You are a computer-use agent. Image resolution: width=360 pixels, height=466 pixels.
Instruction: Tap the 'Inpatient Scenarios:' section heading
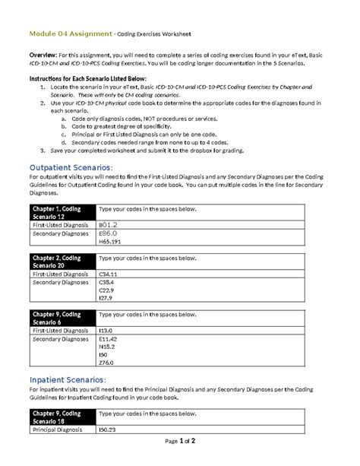pyautogui.click(x=67, y=379)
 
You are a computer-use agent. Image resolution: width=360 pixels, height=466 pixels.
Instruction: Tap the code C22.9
pyautogui.click(x=108, y=292)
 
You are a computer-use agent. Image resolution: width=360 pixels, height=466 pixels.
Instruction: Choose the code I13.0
pyautogui.click(x=107, y=331)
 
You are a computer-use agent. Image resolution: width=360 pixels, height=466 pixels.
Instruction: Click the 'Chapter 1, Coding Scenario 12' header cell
pyautogui.click(x=61, y=212)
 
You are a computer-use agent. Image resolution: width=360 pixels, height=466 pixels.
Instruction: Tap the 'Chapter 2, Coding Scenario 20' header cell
pyautogui.click(x=61, y=262)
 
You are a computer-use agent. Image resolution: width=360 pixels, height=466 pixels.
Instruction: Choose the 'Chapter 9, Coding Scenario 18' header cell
pyautogui.click(x=61, y=416)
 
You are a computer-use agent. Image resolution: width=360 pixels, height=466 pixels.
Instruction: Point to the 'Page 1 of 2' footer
pyautogui.click(x=179, y=441)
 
